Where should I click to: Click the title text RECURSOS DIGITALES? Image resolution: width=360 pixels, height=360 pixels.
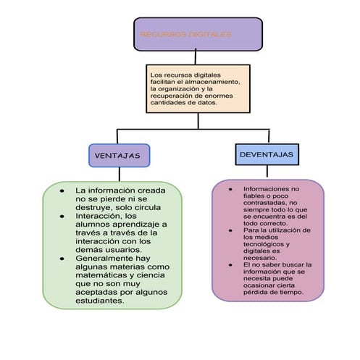(x=185, y=35)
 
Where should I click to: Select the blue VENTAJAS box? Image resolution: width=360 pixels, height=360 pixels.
(x=118, y=155)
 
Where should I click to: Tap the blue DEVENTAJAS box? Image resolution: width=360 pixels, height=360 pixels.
(x=266, y=154)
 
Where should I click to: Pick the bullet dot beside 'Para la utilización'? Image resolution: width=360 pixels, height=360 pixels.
(x=230, y=230)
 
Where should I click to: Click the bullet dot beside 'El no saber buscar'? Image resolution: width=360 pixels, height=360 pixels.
(x=230, y=265)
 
